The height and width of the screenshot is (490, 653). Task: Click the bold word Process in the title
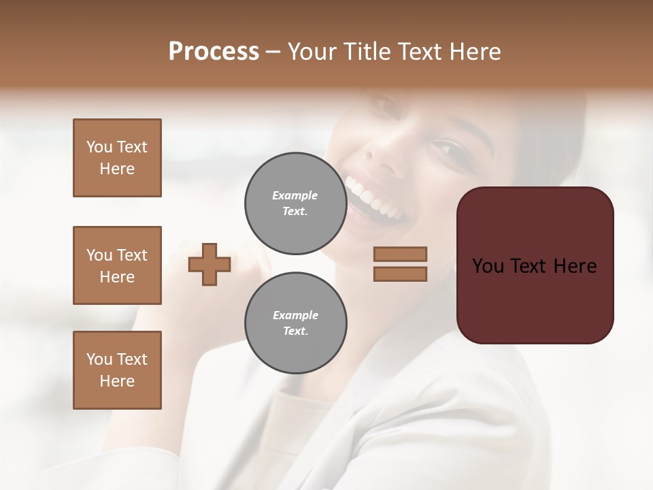[214, 52]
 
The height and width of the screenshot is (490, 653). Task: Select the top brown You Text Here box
[117, 158]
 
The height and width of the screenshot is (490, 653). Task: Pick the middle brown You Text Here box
[117, 265]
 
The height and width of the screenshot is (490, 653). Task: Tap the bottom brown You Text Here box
[117, 370]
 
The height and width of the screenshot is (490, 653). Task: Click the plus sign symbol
[210, 264]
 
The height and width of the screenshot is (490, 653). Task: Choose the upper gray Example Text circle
[295, 203]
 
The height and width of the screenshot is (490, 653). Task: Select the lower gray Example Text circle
[295, 323]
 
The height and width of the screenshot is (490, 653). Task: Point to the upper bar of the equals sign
[401, 254]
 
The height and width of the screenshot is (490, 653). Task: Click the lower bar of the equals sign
[401, 274]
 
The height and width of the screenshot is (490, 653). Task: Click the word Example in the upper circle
[295, 195]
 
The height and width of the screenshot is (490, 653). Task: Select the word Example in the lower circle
[295, 315]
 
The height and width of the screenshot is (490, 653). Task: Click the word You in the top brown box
[99, 147]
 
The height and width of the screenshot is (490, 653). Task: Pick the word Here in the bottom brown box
[117, 381]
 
